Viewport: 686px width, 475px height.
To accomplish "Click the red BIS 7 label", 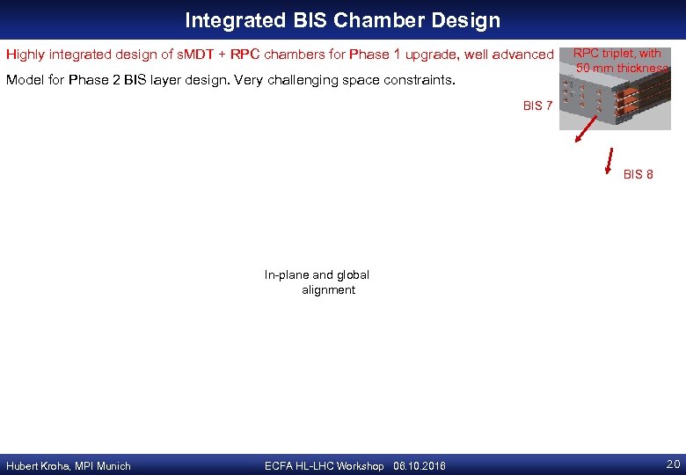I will pos(537,106).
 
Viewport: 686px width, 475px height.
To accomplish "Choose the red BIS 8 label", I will pos(638,174).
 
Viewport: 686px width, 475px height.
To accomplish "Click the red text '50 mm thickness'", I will pos(622,69).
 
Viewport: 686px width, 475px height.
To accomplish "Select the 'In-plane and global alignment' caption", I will pos(317,282).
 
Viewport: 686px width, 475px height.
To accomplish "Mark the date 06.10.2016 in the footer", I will pos(420,466).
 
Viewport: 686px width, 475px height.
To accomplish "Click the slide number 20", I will pos(673,464).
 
